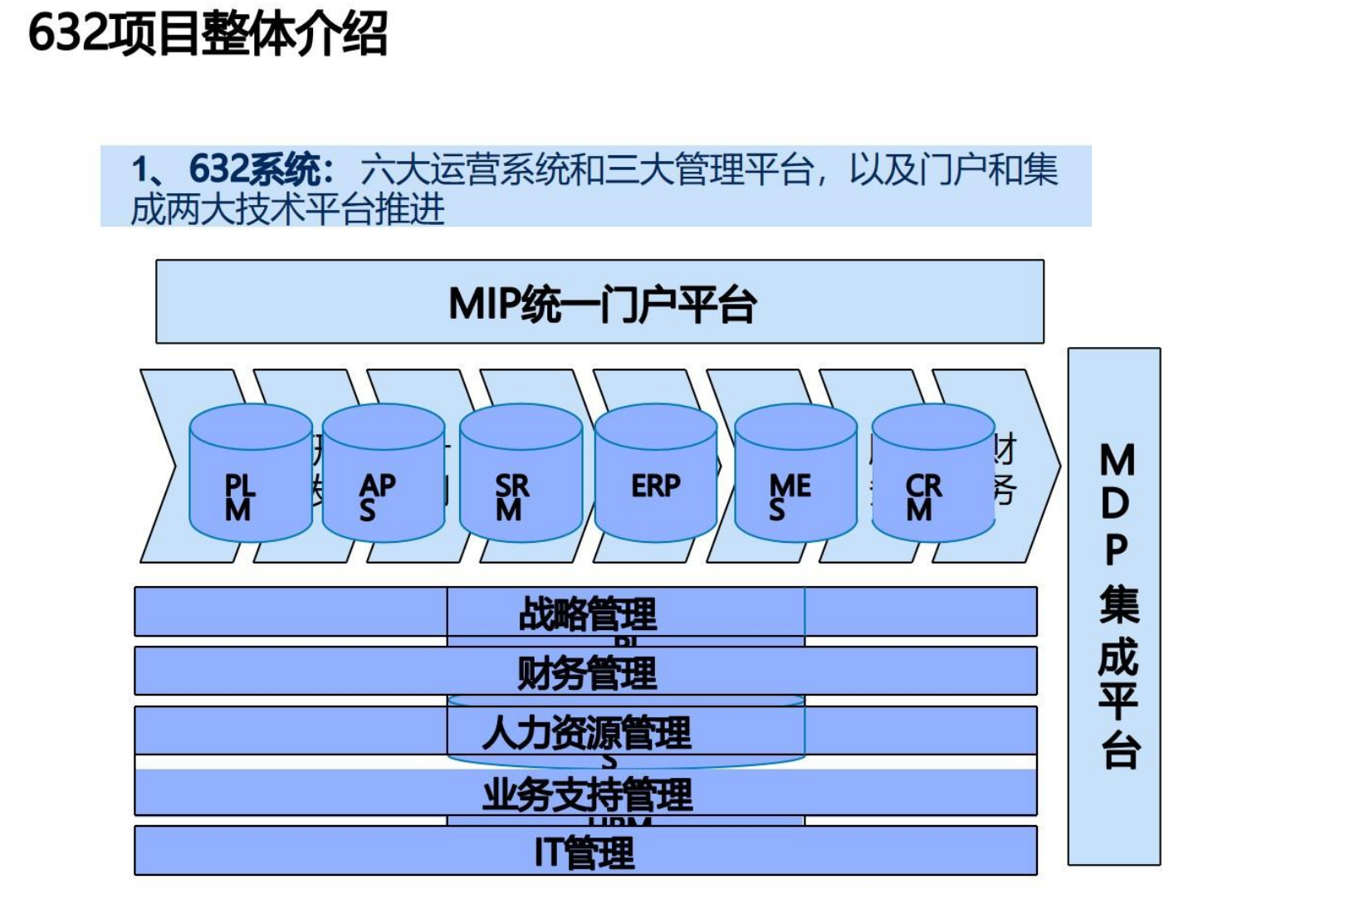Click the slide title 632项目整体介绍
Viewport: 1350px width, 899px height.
tap(208, 35)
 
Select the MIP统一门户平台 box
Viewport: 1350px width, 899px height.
tap(599, 303)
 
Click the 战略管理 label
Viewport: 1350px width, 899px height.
tap(587, 614)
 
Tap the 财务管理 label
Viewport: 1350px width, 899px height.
tap(587, 672)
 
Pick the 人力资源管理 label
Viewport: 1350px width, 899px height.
tap(586, 733)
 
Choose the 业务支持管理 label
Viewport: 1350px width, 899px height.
tap(587, 794)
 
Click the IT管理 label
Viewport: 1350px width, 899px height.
tap(585, 853)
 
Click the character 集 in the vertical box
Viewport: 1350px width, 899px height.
tap(1118, 603)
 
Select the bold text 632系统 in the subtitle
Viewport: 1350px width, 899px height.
tap(253, 169)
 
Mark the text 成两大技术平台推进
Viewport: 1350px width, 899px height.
tap(287, 208)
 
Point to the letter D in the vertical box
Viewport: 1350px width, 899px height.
tap(1116, 503)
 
